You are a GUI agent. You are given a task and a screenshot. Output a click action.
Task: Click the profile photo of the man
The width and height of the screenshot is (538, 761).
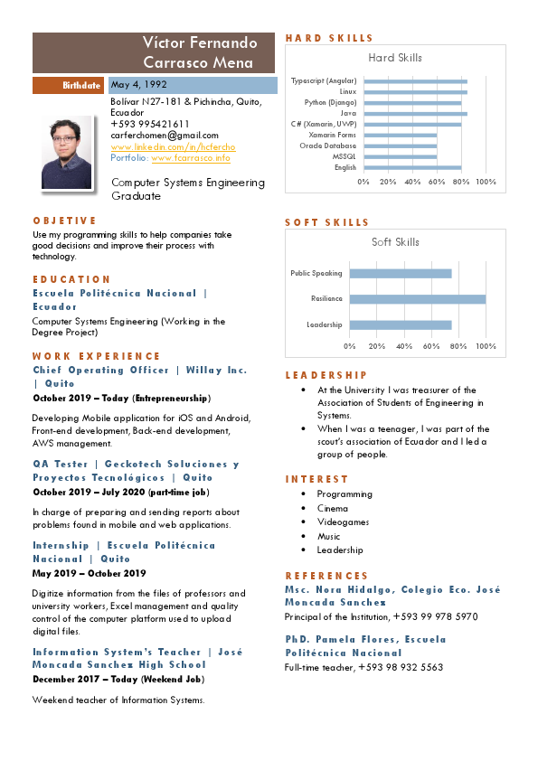[67, 152]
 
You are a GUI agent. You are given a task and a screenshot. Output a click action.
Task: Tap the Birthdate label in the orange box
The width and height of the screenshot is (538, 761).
[81, 86]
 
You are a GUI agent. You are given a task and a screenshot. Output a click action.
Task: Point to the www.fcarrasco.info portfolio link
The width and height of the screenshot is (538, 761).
[191, 158]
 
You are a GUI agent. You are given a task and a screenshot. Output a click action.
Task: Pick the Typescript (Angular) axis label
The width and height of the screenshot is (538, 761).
[324, 80]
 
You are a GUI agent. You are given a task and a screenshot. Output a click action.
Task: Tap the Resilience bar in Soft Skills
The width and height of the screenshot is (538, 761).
[418, 299]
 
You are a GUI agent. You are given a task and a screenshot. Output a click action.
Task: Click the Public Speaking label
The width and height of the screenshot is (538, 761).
[316, 273]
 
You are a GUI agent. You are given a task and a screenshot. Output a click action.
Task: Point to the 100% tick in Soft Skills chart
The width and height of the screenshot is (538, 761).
[486, 345]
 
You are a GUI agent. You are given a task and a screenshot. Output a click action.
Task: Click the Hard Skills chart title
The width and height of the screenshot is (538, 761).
[395, 58]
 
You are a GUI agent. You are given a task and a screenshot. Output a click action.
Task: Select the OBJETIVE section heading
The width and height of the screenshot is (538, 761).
[64, 221]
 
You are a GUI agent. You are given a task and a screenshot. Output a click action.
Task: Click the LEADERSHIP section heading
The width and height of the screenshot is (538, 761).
[326, 375]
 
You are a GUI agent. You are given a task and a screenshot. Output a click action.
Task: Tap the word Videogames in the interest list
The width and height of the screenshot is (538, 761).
[343, 522]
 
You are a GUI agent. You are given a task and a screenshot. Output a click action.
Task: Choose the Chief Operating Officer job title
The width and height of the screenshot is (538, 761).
[101, 370]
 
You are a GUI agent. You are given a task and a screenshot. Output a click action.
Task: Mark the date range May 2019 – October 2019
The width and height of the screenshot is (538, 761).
[89, 573]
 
